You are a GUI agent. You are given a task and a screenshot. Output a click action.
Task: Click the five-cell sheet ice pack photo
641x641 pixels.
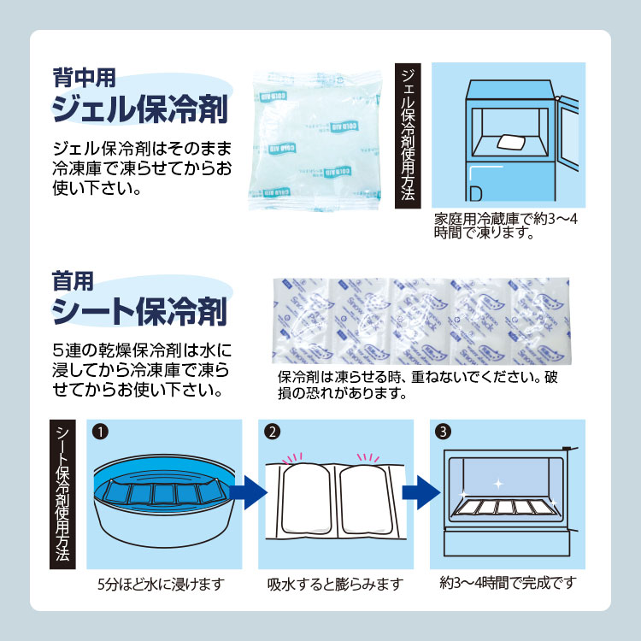420,320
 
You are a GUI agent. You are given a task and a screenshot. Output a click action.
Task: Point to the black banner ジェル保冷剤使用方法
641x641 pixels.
409,134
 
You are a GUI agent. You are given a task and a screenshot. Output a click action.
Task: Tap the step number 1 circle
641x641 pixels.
101,432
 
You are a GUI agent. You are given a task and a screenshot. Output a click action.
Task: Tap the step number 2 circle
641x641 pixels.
271,432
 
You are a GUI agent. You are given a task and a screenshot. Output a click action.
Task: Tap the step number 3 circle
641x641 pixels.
443,432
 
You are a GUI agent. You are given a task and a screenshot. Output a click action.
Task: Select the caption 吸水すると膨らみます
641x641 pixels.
334,585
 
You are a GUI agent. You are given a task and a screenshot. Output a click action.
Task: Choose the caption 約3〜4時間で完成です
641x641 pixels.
508,584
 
